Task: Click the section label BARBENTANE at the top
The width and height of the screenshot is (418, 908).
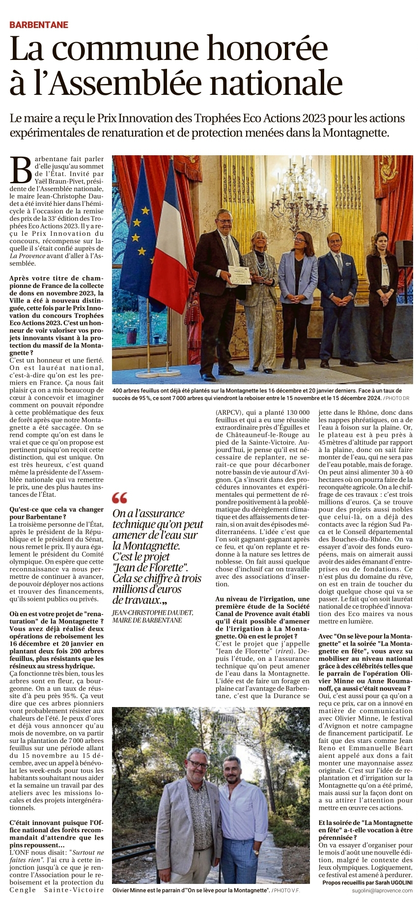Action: coord(39,25)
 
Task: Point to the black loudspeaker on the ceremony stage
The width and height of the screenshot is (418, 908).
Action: coord(404,253)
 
